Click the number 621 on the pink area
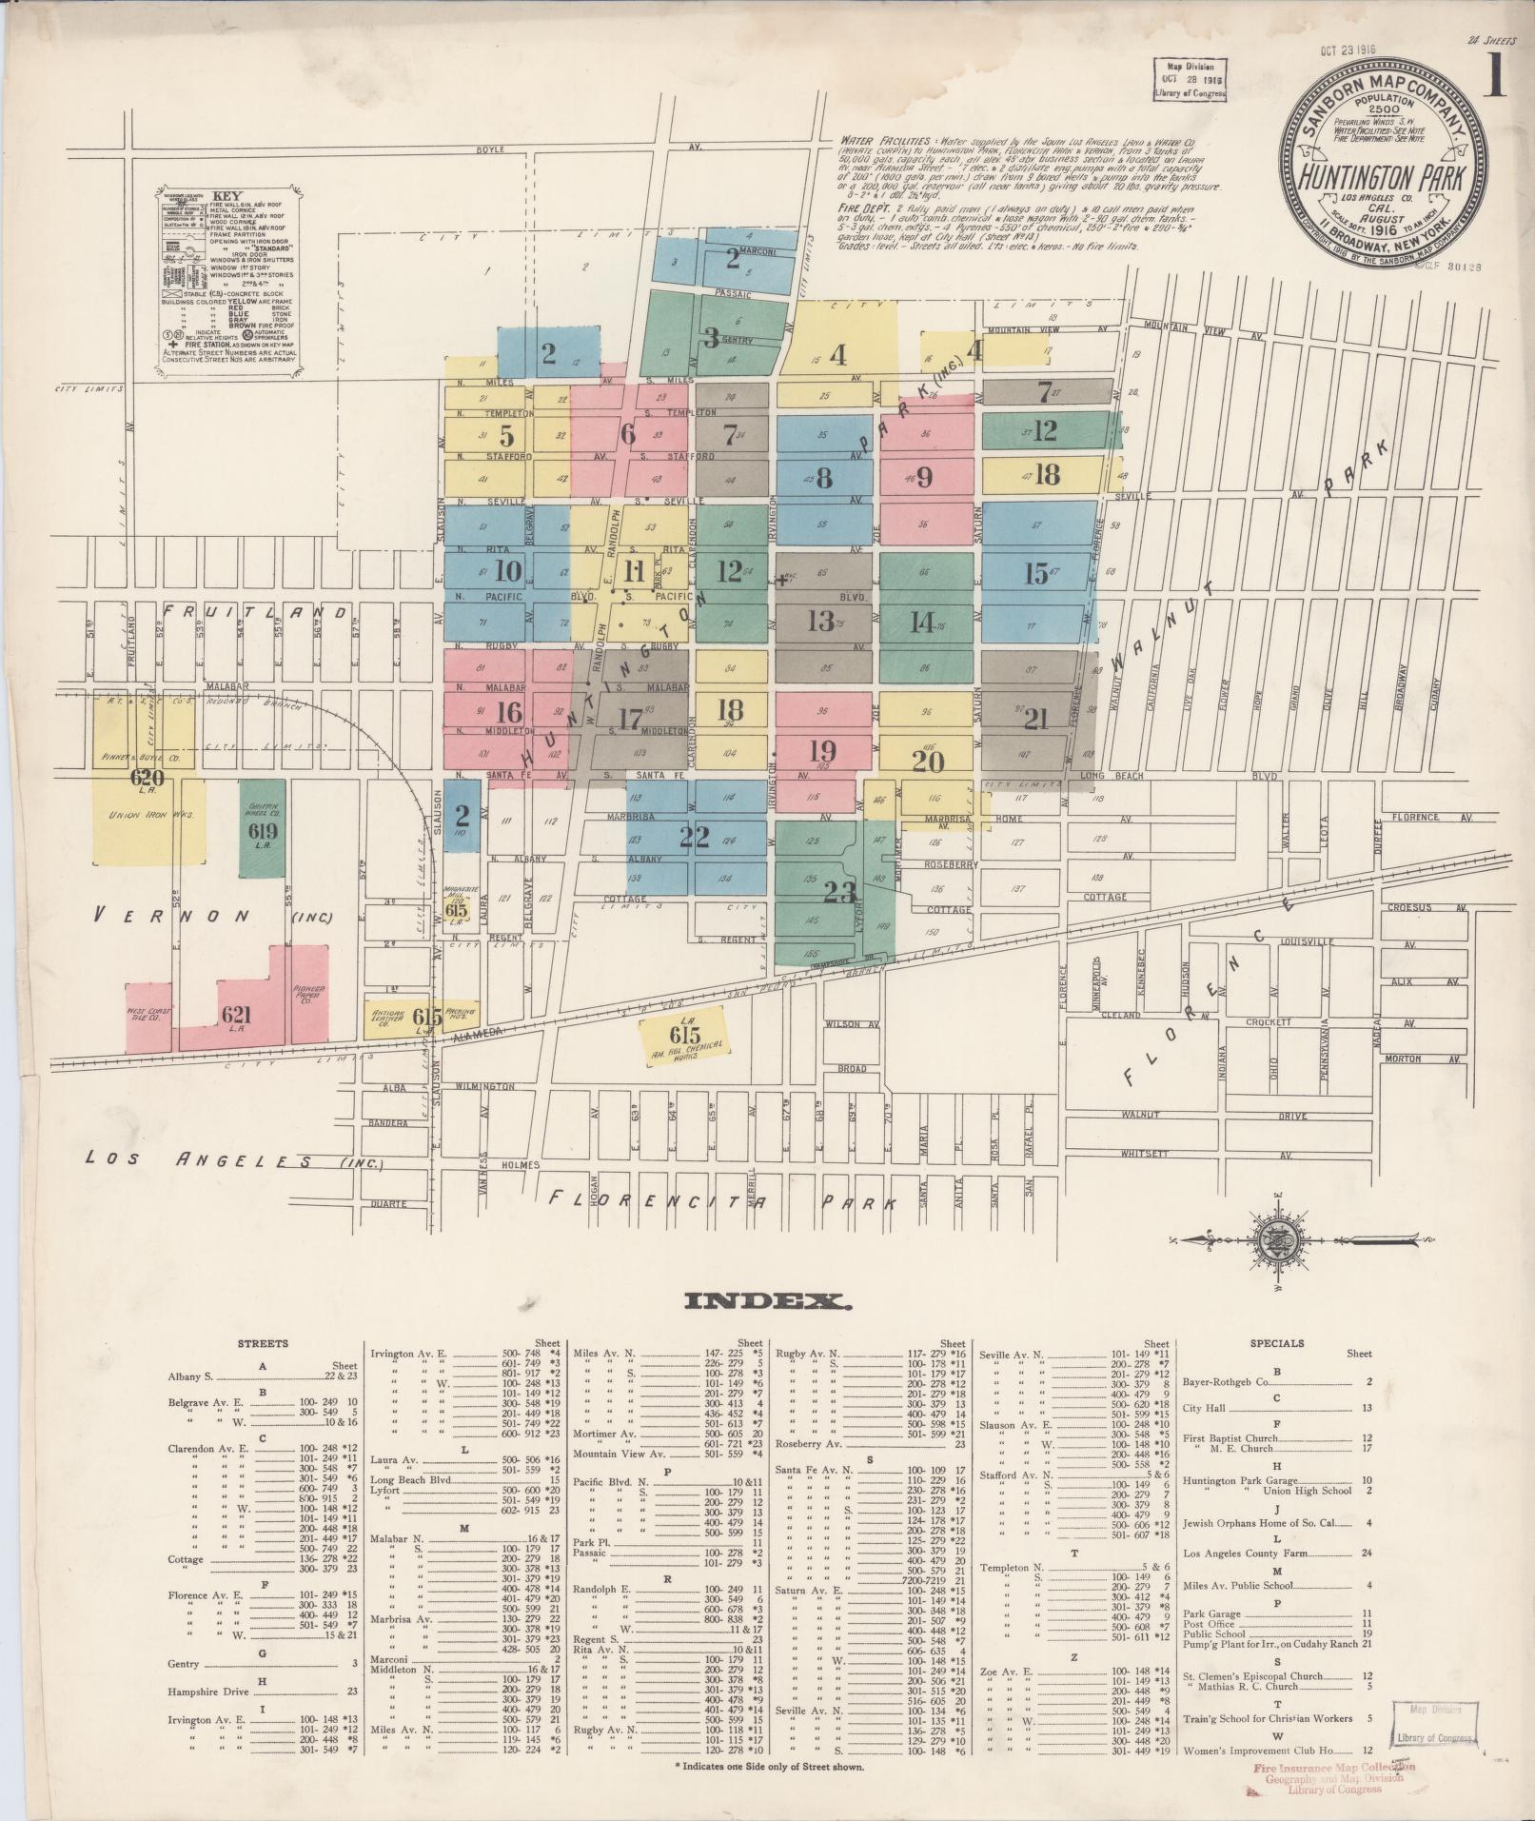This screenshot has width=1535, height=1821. (236, 1015)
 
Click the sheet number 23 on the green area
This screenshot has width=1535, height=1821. (839, 892)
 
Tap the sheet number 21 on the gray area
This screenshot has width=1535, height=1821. (1036, 719)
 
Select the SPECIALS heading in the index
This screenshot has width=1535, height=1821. (1277, 1344)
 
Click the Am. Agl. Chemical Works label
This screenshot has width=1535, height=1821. (685, 1049)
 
